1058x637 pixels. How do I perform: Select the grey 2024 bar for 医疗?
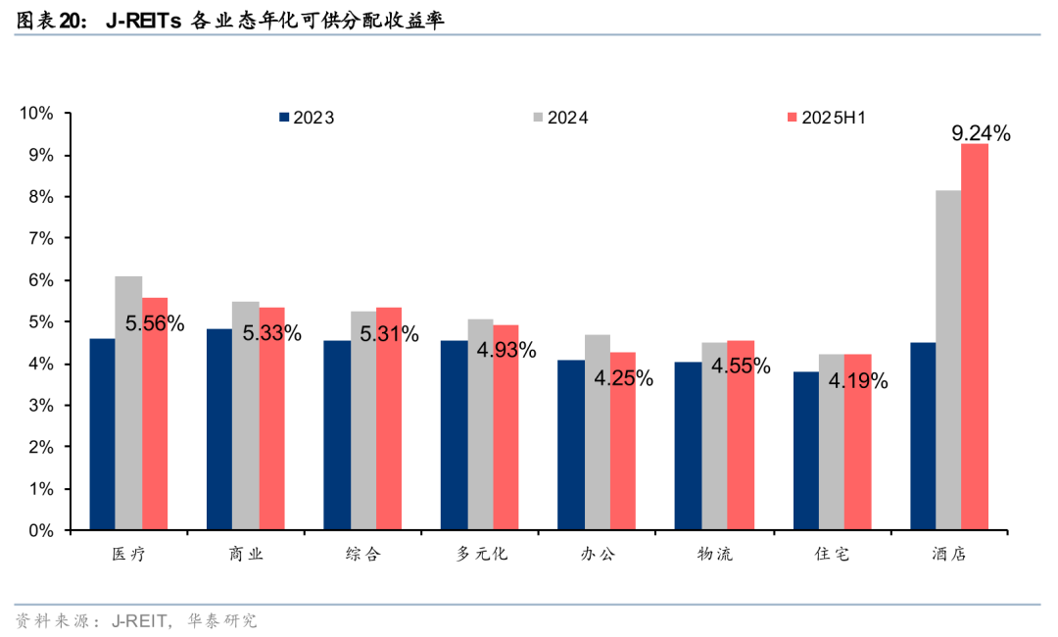pos(128,403)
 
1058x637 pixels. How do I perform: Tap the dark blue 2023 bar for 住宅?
pos(805,451)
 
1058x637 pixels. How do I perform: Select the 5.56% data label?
pos(155,322)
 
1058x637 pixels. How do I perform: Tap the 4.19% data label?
pos(858,380)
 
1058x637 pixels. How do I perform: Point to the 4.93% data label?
pos(506,350)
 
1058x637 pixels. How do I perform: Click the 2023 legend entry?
pos(306,118)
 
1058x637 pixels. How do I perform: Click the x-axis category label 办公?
pos(598,555)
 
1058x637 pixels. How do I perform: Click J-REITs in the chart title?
pos(142,20)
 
